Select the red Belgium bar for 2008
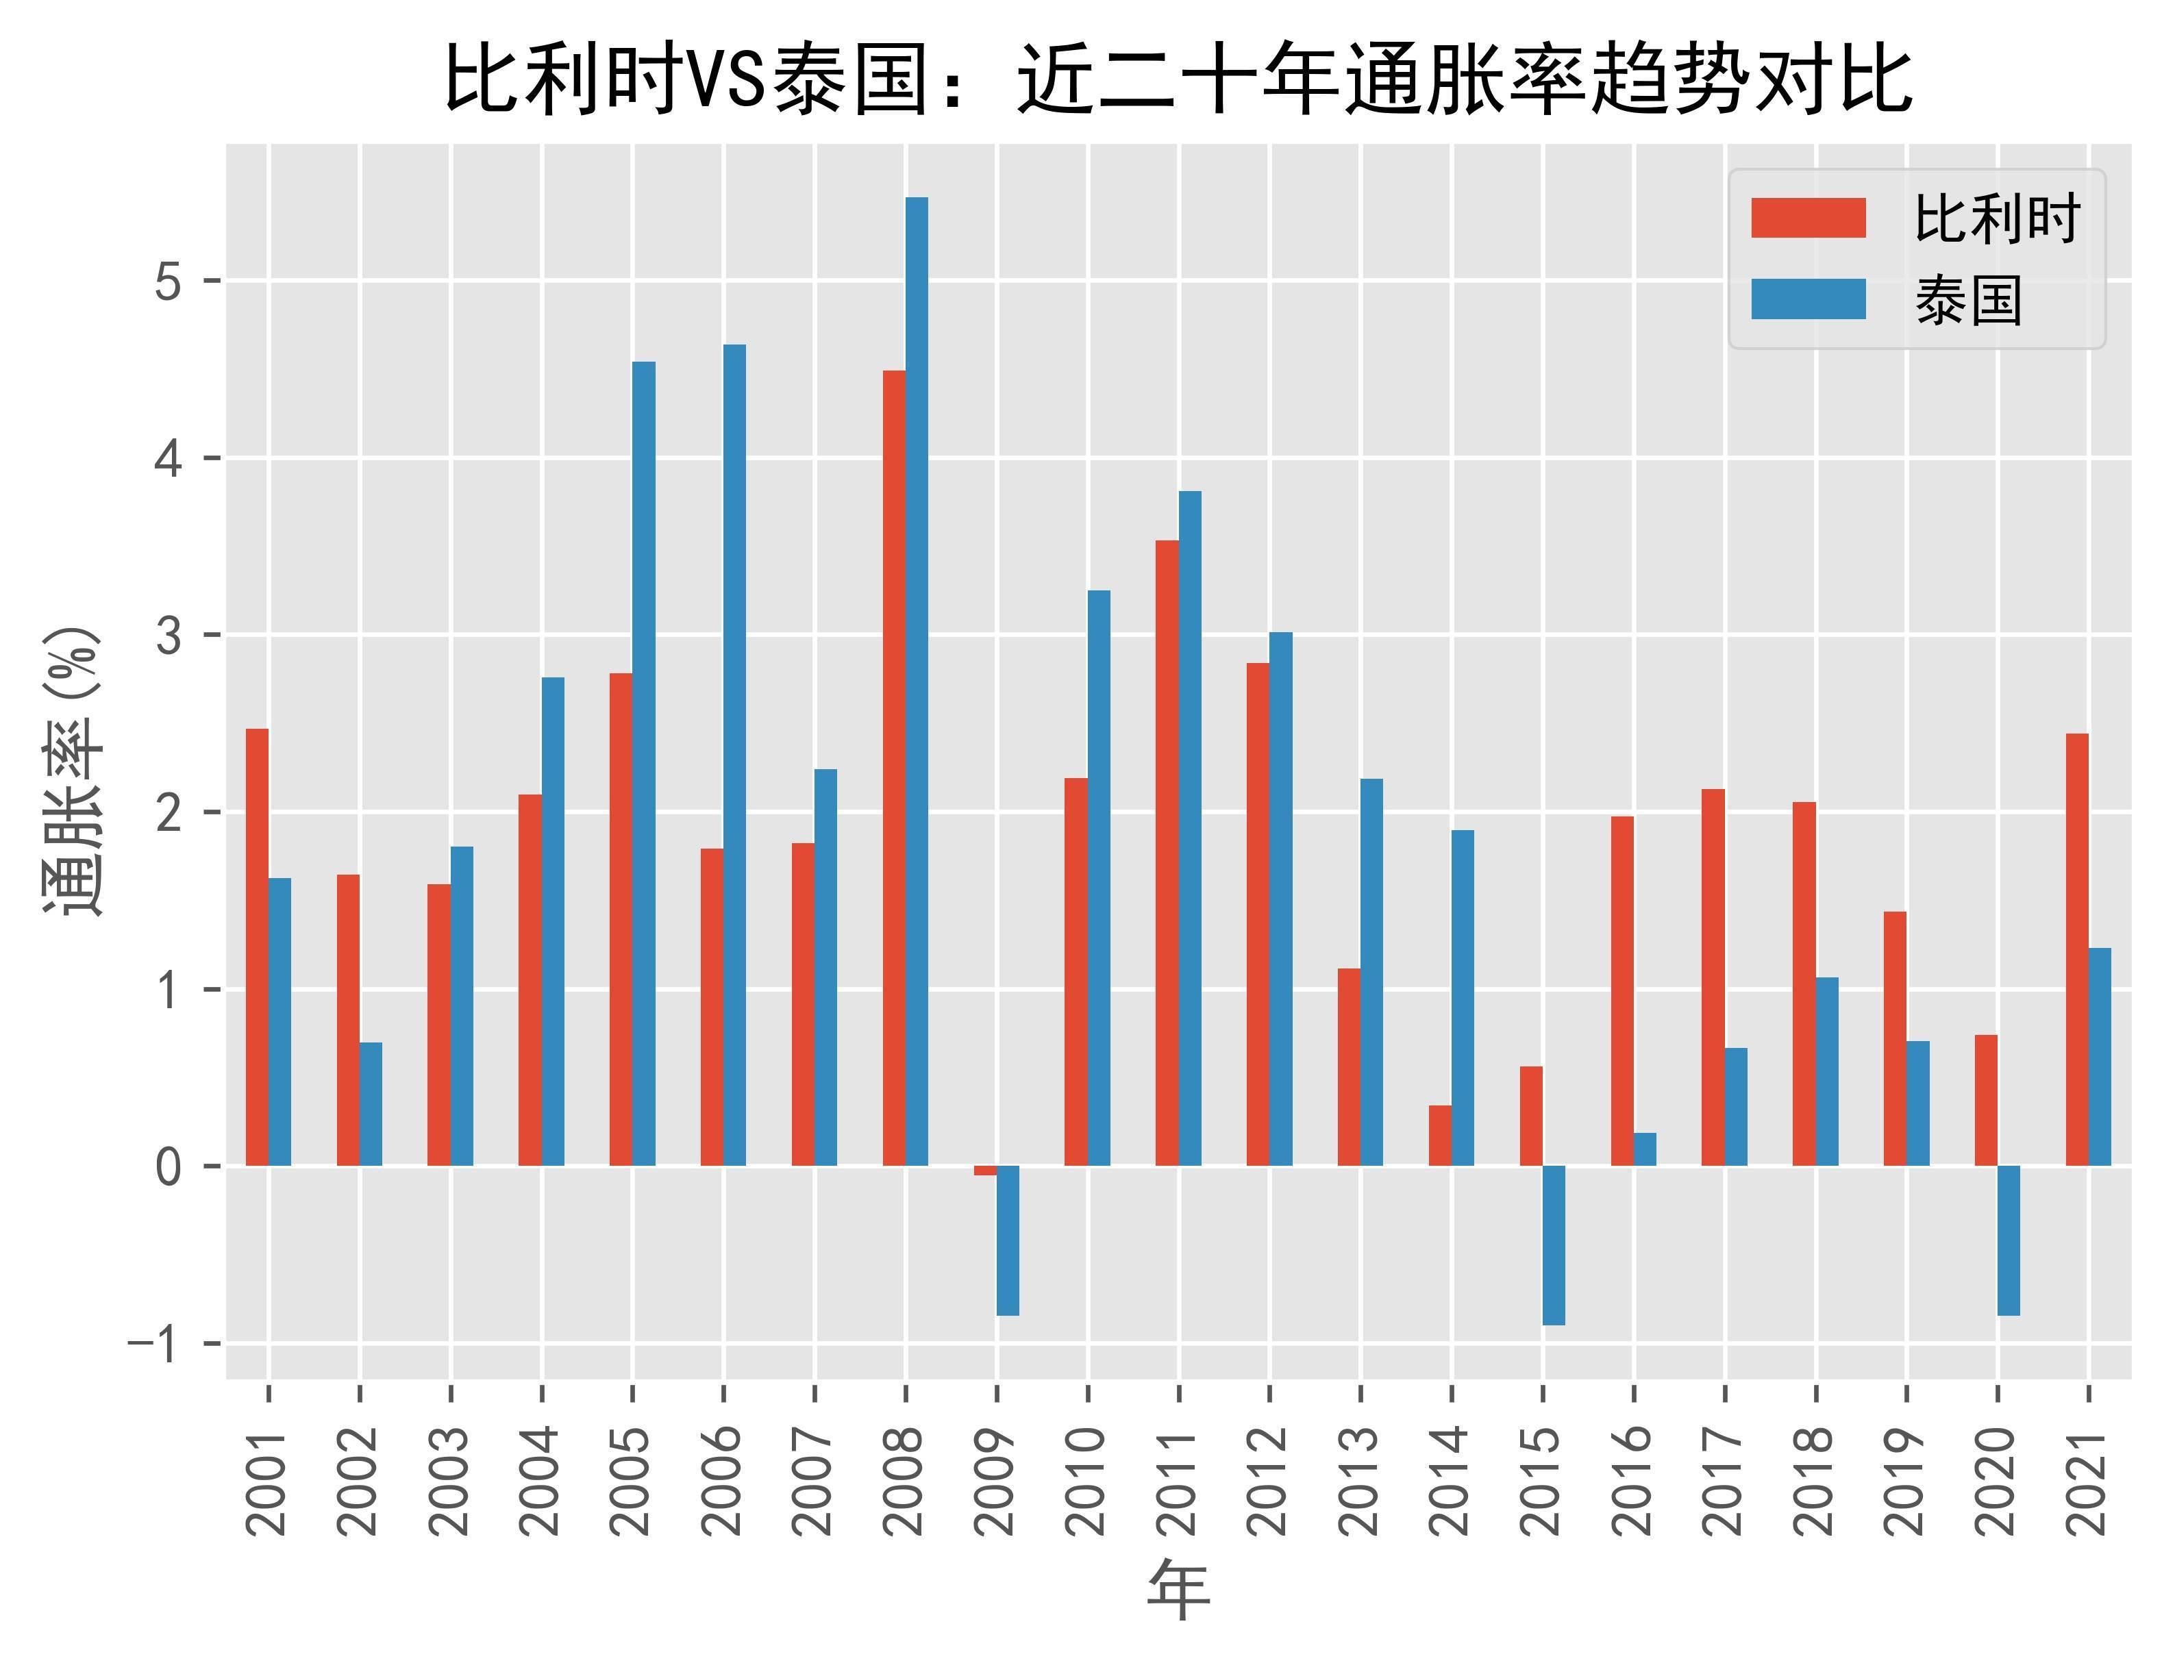click(894, 768)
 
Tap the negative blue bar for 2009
click(1008, 1240)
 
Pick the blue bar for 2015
click(1553, 1245)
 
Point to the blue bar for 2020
click(2009, 1240)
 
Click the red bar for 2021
click(2077, 949)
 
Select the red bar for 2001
click(258, 947)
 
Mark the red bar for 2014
click(1439, 1136)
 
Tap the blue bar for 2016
click(1644, 1149)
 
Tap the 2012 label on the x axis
click(1269, 1481)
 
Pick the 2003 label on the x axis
click(451, 1481)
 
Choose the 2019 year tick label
click(1906, 1481)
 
